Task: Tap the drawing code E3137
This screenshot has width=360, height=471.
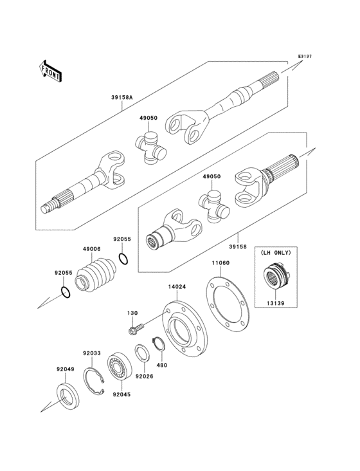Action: click(x=305, y=56)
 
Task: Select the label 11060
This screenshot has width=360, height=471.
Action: click(x=221, y=263)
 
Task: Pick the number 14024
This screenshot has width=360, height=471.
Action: click(x=177, y=287)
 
